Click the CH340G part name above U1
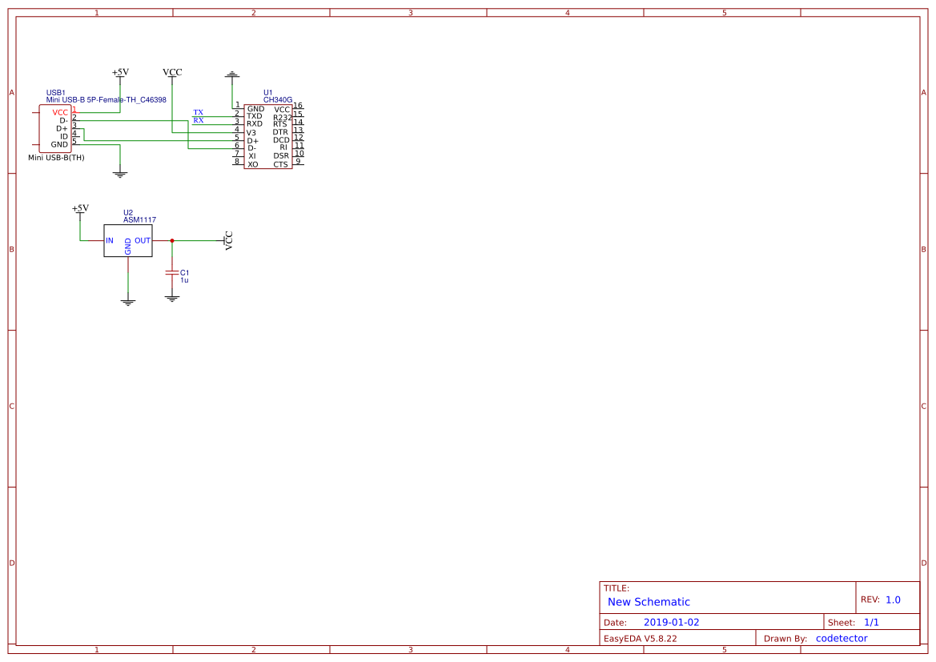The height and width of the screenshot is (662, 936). pyautogui.click(x=278, y=100)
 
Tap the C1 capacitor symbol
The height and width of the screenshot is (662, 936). pyautogui.click(x=171, y=272)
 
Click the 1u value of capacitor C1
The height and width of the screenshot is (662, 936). pyautogui.click(x=184, y=281)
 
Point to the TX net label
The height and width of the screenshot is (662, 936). pyautogui.click(x=199, y=112)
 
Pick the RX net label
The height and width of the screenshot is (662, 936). pyautogui.click(x=199, y=120)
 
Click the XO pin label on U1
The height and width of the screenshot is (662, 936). pyautogui.click(x=252, y=164)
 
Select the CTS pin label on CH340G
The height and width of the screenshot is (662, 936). pyautogui.click(x=280, y=164)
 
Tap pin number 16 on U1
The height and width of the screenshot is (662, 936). pyautogui.click(x=298, y=106)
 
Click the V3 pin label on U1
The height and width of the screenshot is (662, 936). pyautogui.click(x=251, y=132)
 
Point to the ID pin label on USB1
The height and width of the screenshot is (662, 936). pyautogui.click(x=64, y=136)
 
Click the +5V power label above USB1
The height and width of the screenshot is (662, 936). pyautogui.click(x=120, y=72)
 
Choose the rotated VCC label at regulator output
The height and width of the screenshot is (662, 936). pyautogui.click(x=229, y=241)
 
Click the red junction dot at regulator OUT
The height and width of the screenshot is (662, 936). pyautogui.click(x=171, y=240)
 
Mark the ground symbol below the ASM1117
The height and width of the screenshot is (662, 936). pyautogui.click(x=128, y=303)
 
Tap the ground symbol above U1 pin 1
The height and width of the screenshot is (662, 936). pyautogui.click(x=232, y=75)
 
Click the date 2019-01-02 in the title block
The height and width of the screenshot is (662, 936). pyautogui.click(x=671, y=622)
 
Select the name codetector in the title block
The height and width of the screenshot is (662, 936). pyautogui.click(x=842, y=638)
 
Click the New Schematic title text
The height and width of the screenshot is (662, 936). pyautogui.click(x=649, y=602)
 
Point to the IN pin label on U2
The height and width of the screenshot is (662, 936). pyautogui.click(x=110, y=240)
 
